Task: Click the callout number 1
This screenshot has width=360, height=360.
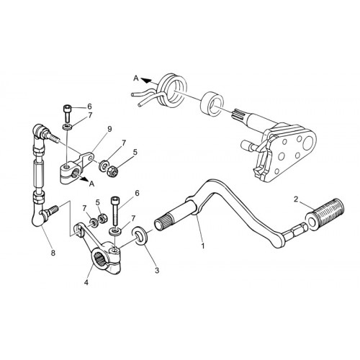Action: point(203,246)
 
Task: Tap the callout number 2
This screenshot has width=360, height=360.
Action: point(296,199)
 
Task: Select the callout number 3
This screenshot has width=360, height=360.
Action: point(157,271)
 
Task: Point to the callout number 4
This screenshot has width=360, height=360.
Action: point(86,282)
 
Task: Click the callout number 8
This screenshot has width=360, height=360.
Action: point(53,253)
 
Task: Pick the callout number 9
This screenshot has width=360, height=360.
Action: point(109,129)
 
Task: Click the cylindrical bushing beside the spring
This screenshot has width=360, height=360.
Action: point(212,104)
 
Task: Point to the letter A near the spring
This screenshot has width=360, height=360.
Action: point(136,78)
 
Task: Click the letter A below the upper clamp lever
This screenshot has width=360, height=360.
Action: point(91,184)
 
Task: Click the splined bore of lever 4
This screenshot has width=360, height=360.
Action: point(99,258)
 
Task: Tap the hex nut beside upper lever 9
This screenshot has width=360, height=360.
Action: point(112,171)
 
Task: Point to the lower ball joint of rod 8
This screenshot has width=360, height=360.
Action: point(39,217)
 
